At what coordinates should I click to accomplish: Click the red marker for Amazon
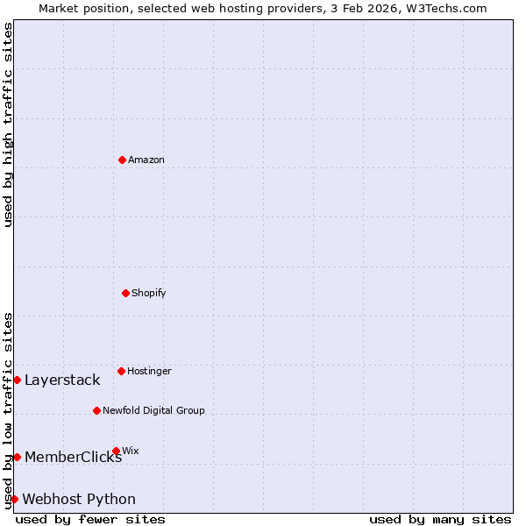click(x=122, y=160)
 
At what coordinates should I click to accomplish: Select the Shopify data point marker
click(x=125, y=293)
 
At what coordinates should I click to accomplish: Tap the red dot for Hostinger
click(x=121, y=371)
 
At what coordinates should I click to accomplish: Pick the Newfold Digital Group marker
click(x=96, y=410)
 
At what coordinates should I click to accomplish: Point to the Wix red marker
click(x=116, y=451)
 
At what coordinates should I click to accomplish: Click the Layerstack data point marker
click(x=17, y=380)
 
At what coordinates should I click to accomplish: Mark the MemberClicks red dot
click(x=17, y=457)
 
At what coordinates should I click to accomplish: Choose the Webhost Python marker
click(x=14, y=499)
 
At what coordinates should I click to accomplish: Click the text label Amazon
click(x=146, y=160)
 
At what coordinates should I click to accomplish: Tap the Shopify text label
click(x=149, y=293)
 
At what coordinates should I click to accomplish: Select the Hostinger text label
click(x=149, y=371)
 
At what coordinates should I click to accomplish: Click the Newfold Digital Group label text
click(x=153, y=410)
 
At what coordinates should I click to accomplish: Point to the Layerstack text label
click(x=62, y=380)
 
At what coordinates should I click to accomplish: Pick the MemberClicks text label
click(x=73, y=457)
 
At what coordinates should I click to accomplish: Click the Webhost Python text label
click(x=79, y=499)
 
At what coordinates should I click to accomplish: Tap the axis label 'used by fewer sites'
click(x=90, y=519)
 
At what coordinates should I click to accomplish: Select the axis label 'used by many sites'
click(x=440, y=519)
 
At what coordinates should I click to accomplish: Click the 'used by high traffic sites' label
click(x=8, y=124)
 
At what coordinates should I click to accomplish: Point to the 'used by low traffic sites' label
click(x=8, y=409)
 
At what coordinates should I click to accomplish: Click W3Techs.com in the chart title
click(x=445, y=8)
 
